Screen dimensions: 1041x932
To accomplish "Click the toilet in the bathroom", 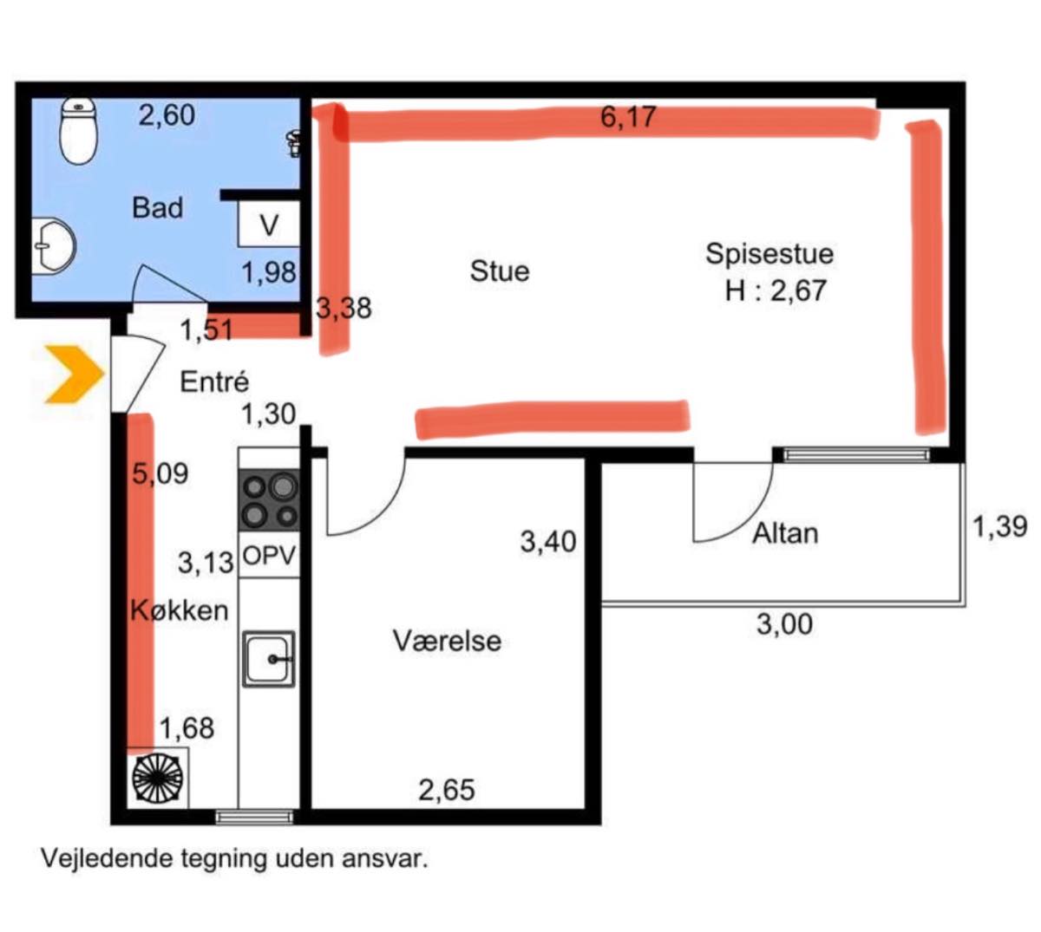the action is (x=79, y=131).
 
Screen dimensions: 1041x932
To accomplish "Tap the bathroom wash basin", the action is (x=54, y=246).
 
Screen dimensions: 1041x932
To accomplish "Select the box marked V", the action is (x=269, y=224).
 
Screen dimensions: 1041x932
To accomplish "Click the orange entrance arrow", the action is (x=75, y=375).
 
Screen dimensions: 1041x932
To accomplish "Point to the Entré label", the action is (x=214, y=382).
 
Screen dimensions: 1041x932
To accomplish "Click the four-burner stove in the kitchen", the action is (x=269, y=500).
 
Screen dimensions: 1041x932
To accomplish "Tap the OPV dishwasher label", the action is (x=269, y=555).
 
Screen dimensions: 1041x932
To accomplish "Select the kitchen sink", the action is (x=269, y=659).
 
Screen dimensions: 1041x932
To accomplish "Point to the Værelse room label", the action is (x=447, y=642).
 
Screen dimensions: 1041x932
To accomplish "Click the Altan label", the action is (x=785, y=533).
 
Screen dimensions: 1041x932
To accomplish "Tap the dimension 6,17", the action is (x=628, y=117).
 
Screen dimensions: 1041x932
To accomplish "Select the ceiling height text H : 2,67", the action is (x=776, y=290).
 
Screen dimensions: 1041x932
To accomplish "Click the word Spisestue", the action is (x=769, y=254).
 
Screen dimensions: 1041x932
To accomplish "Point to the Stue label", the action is (x=500, y=271).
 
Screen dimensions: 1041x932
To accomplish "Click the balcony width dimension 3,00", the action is (x=784, y=625).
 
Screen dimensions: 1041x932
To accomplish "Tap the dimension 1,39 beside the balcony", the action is (x=1000, y=527).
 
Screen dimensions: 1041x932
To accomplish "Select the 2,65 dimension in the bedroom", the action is (x=447, y=790).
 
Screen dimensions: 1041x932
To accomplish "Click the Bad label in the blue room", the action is (x=157, y=208).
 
